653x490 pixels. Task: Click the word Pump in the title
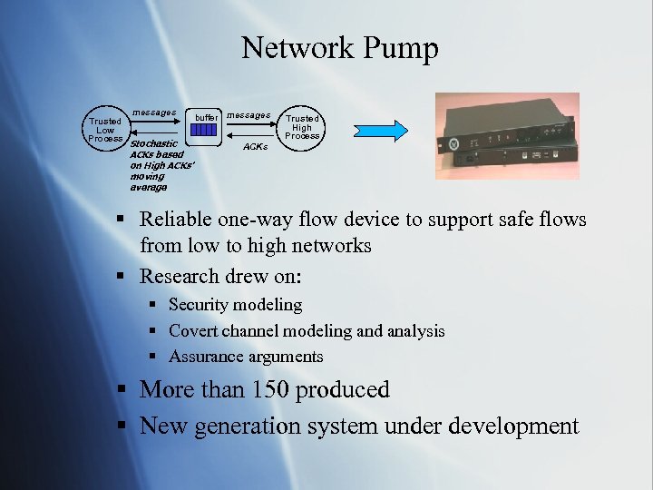[400, 48]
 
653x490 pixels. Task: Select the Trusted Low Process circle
[105, 130]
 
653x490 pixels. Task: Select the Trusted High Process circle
[302, 126]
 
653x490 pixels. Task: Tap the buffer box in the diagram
[205, 130]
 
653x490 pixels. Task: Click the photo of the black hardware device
[506, 135]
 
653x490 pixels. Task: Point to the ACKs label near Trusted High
[256, 146]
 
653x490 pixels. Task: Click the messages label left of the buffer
[154, 113]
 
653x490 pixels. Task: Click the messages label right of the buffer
[248, 115]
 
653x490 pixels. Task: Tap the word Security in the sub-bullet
[198, 305]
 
